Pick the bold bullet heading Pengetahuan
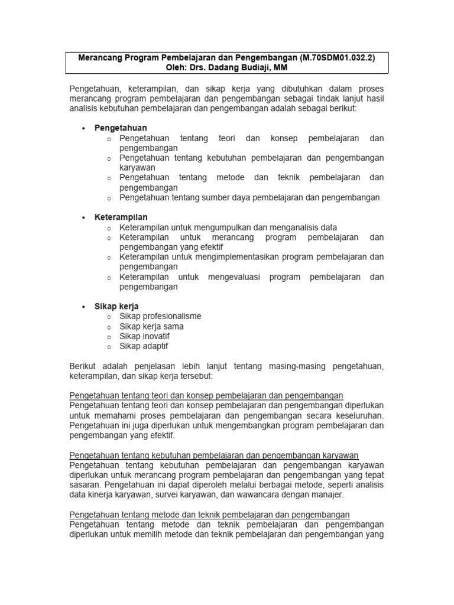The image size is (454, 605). [x=121, y=128]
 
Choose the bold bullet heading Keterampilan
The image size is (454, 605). [x=121, y=217]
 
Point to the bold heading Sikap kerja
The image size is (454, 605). [x=116, y=306]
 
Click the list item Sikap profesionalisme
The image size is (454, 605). [x=160, y=316]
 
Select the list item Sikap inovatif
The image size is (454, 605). [x=144, y=336]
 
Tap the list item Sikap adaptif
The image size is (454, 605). [x=144, y=346]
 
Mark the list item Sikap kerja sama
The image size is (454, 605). [x=151, y=326]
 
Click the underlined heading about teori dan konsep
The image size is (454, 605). [x=206, y=395]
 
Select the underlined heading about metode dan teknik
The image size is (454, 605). [x=210, y=515]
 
